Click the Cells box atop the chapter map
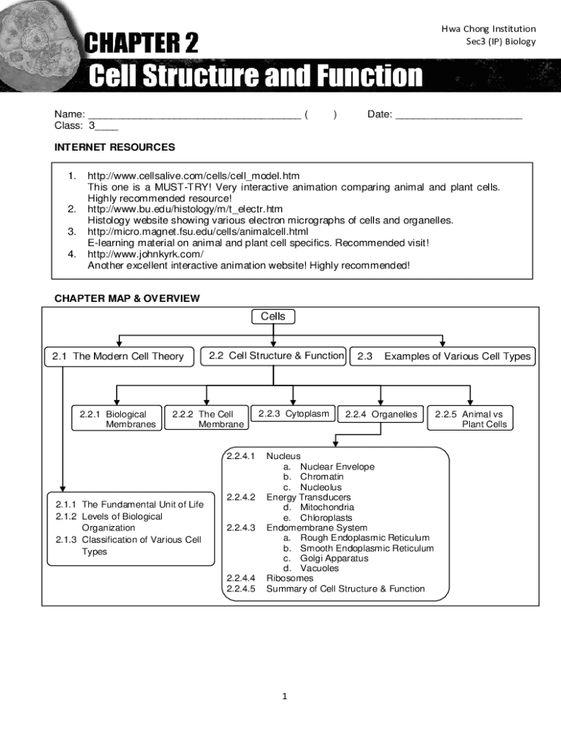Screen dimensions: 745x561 pos(273,316)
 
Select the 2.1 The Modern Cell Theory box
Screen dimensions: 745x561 pos(118,356)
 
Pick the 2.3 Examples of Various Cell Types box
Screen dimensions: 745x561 pos(444,356)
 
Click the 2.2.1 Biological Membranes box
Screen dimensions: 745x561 pos(117,419)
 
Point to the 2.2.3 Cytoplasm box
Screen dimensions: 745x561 pos(293,414)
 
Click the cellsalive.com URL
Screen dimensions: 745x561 pos(193,176)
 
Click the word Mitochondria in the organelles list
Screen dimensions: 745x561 pos(327,507)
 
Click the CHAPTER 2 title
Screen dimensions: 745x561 pos(143,44)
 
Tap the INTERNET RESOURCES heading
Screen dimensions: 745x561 pos(114,147)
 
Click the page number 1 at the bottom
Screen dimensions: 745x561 pos(285,696)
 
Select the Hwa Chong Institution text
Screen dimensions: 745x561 pos(488,29)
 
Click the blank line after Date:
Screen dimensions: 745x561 pos(458,114)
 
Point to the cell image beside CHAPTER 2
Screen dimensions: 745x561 pos(36,40)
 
